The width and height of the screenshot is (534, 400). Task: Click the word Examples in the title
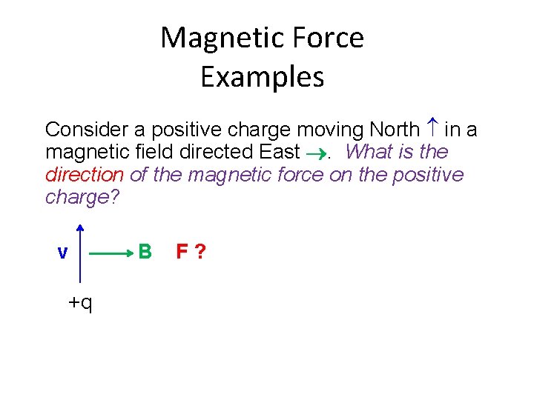tap(262, 77)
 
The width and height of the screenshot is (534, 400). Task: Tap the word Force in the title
tap(323, 38)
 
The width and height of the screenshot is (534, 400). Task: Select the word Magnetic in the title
tap(215, 38)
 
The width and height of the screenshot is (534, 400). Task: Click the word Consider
tap(87, 130)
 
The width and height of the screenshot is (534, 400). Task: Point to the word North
tap(394, 130)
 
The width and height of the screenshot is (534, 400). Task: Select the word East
tap(279, 153)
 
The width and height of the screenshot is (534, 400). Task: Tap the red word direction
tap(84, 175)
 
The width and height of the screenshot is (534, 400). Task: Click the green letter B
tap(145, 253)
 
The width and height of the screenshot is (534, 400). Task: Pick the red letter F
tap(182, 253)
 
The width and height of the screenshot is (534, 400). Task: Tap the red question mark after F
tap(200, 253)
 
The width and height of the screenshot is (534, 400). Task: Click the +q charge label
tap(80, 302)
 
